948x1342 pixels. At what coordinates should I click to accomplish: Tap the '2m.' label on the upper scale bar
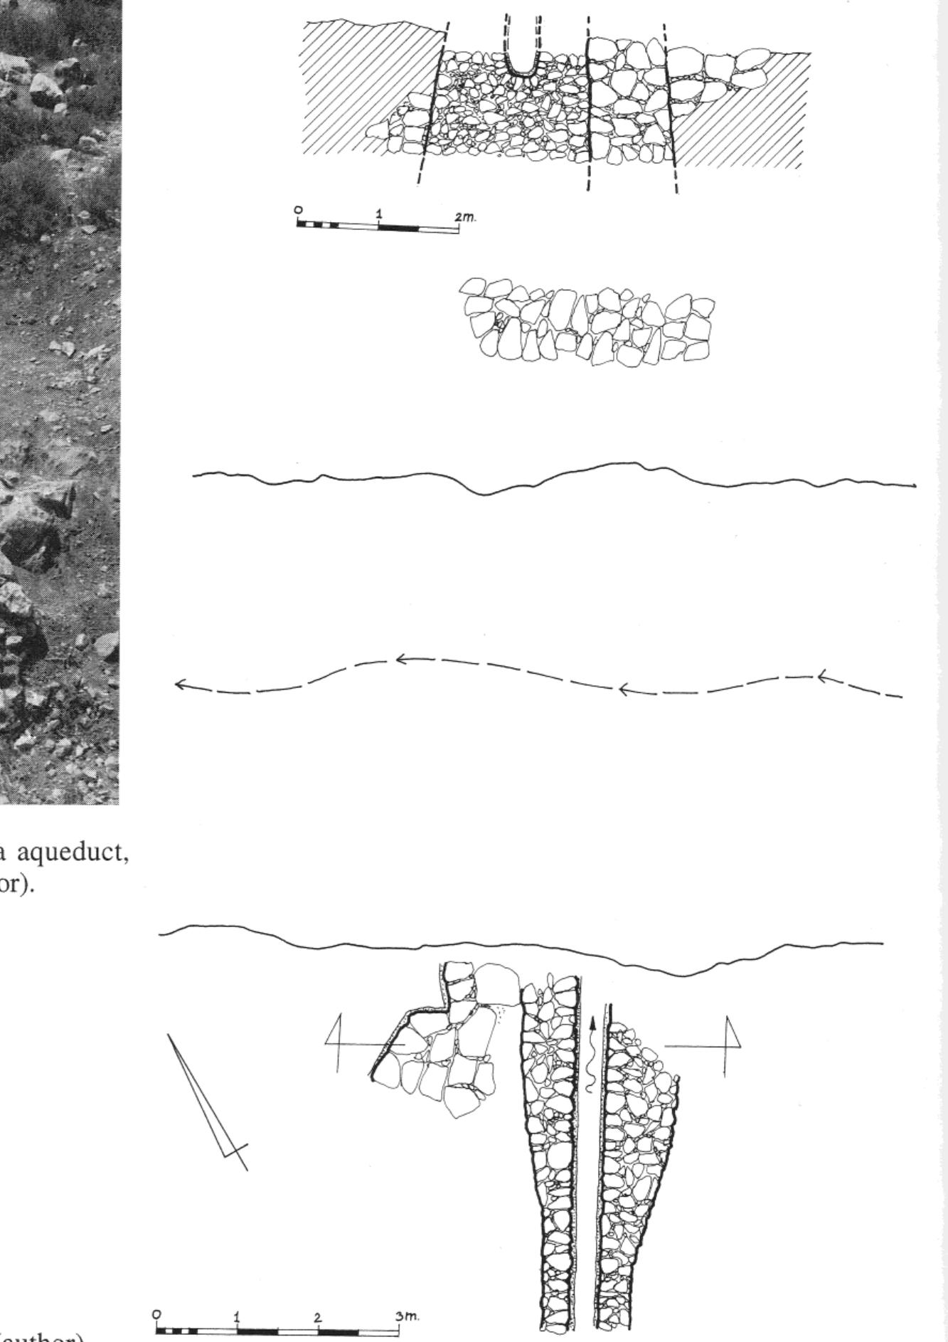(x=467, y=217)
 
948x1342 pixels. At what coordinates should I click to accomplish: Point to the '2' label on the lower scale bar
(x=318, y=1317)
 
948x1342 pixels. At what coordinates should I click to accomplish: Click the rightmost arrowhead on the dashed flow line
(x=823, y=675)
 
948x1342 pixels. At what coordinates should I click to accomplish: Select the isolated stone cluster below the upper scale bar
(x=587, y=320)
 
